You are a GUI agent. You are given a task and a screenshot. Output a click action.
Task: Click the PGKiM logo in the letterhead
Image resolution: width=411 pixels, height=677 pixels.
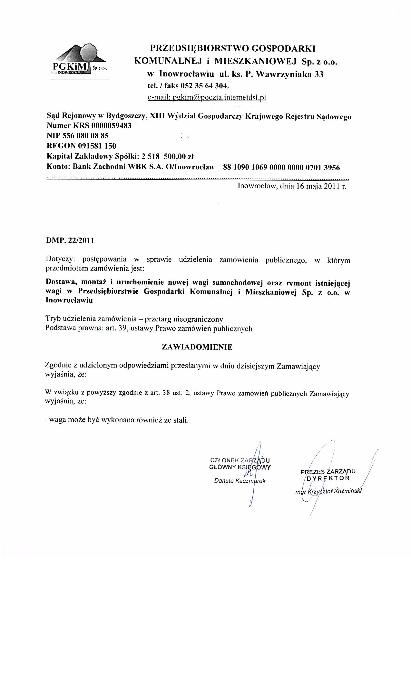(79, 61)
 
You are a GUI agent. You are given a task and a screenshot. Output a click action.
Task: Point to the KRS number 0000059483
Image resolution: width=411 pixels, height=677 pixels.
(112, 126)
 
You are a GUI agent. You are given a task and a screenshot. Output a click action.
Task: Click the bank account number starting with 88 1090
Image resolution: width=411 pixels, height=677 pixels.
(281, 167)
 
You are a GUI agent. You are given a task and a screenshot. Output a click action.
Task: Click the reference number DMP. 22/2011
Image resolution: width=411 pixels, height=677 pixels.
(70, 240)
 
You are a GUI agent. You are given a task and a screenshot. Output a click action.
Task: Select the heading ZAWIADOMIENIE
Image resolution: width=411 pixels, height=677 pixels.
(197, 347)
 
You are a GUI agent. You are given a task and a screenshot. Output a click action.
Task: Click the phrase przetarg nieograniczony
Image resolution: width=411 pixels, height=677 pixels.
(184, 319)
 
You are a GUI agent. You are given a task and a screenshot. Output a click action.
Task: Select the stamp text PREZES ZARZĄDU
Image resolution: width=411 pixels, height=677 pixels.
(328, 472)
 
